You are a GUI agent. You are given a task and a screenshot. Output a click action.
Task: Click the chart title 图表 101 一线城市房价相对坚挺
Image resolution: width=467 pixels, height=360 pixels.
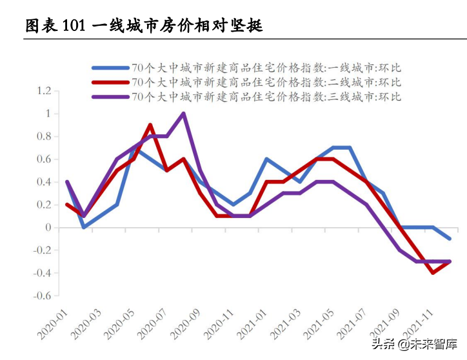(x=143, y=26)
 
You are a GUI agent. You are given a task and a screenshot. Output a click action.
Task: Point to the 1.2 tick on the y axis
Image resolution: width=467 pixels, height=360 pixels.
(x=43, y=91)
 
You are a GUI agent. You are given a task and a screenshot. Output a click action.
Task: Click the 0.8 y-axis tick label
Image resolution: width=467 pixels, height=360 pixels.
(x=43, y=137)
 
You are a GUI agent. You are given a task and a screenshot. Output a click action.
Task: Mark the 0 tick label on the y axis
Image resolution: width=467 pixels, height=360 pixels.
(x=47, y=228)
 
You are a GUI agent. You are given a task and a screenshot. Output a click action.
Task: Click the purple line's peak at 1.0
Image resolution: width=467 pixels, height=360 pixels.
(x=183, y=114)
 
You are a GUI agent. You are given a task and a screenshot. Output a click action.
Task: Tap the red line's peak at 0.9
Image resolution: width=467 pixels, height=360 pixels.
(x=150, y=125)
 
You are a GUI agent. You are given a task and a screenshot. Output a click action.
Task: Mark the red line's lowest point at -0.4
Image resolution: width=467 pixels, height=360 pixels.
(x=433, y=273)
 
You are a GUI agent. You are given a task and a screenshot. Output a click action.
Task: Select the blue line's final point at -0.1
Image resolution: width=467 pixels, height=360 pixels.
(x=450, y=239)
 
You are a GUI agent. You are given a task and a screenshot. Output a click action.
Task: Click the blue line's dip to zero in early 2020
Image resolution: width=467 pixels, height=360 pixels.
(x=84, y=227)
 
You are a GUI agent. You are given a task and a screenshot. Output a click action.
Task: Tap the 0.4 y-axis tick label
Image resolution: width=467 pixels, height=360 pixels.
(x=43, y=182)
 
